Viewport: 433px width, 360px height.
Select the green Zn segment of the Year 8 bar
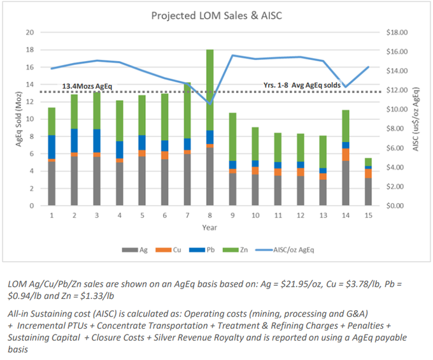click(209, 89)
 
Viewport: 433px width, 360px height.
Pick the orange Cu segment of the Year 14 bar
click(345, 154)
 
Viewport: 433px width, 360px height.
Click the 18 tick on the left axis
click(29, 50)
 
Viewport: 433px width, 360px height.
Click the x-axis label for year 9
click(232, 216)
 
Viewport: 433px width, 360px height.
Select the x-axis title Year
click(209, 227)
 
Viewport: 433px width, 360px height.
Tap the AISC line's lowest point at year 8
click(209, 103)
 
